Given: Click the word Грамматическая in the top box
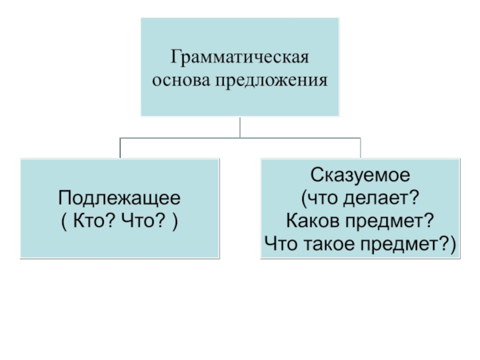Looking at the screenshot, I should pyautogui.click(x=240, y=59).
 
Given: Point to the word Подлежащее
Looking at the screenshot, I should pyautogui.click(x=119, y=199).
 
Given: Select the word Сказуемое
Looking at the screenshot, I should pyautogui.click(x=360, y=176).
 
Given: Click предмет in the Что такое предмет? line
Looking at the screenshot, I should pyautogui.click(x=405, y=243).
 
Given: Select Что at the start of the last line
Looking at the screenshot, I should pyautogui.click(x=280, y=243).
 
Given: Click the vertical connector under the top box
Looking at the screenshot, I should pyautogui.click(x=240, y=127).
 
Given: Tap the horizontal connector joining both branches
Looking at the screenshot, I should pyautogui.click(x=240, y=137).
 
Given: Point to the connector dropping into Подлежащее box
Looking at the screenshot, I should pyautogui.click(x=120, y=148).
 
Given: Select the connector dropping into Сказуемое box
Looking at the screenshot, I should pyautogui.click(x=361, y=148).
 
